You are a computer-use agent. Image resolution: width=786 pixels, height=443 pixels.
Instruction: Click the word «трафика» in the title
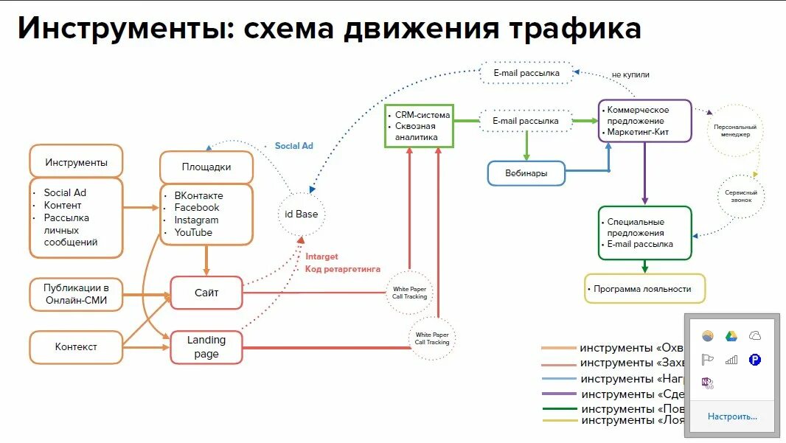point(573,29)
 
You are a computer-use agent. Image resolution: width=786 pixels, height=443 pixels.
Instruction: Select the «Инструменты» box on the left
point(76,162)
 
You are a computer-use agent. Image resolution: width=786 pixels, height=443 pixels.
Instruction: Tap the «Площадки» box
point(206,167)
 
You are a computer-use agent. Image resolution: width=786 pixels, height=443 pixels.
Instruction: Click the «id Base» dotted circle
point(301,214)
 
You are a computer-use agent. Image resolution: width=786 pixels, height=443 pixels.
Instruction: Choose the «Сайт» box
point(206,293)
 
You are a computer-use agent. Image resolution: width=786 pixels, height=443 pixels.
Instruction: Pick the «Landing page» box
point(206,347)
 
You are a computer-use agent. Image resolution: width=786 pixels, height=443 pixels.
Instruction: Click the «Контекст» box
point(76,346)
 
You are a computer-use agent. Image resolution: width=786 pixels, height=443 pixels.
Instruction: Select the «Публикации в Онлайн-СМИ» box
point(76,293)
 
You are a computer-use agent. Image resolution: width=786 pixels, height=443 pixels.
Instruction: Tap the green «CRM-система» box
point(418,125)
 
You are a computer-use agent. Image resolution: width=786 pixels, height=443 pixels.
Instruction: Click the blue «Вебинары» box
point(526,173)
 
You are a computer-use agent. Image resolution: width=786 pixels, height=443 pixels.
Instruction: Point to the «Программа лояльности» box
point(644,289)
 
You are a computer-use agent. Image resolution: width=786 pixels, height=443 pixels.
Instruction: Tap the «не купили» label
point(630,74)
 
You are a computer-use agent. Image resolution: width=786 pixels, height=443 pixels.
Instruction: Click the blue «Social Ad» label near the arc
point(293,146)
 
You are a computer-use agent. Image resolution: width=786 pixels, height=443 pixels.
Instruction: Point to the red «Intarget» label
point(321,257)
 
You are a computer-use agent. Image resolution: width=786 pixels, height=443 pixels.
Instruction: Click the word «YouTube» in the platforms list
point(193,232)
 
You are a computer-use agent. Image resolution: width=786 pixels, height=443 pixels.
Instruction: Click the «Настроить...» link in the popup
point(732,416)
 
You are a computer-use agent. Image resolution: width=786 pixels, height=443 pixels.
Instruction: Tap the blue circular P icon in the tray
point(754,360)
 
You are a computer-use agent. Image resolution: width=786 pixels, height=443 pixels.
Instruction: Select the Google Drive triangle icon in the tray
point(731,336)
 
